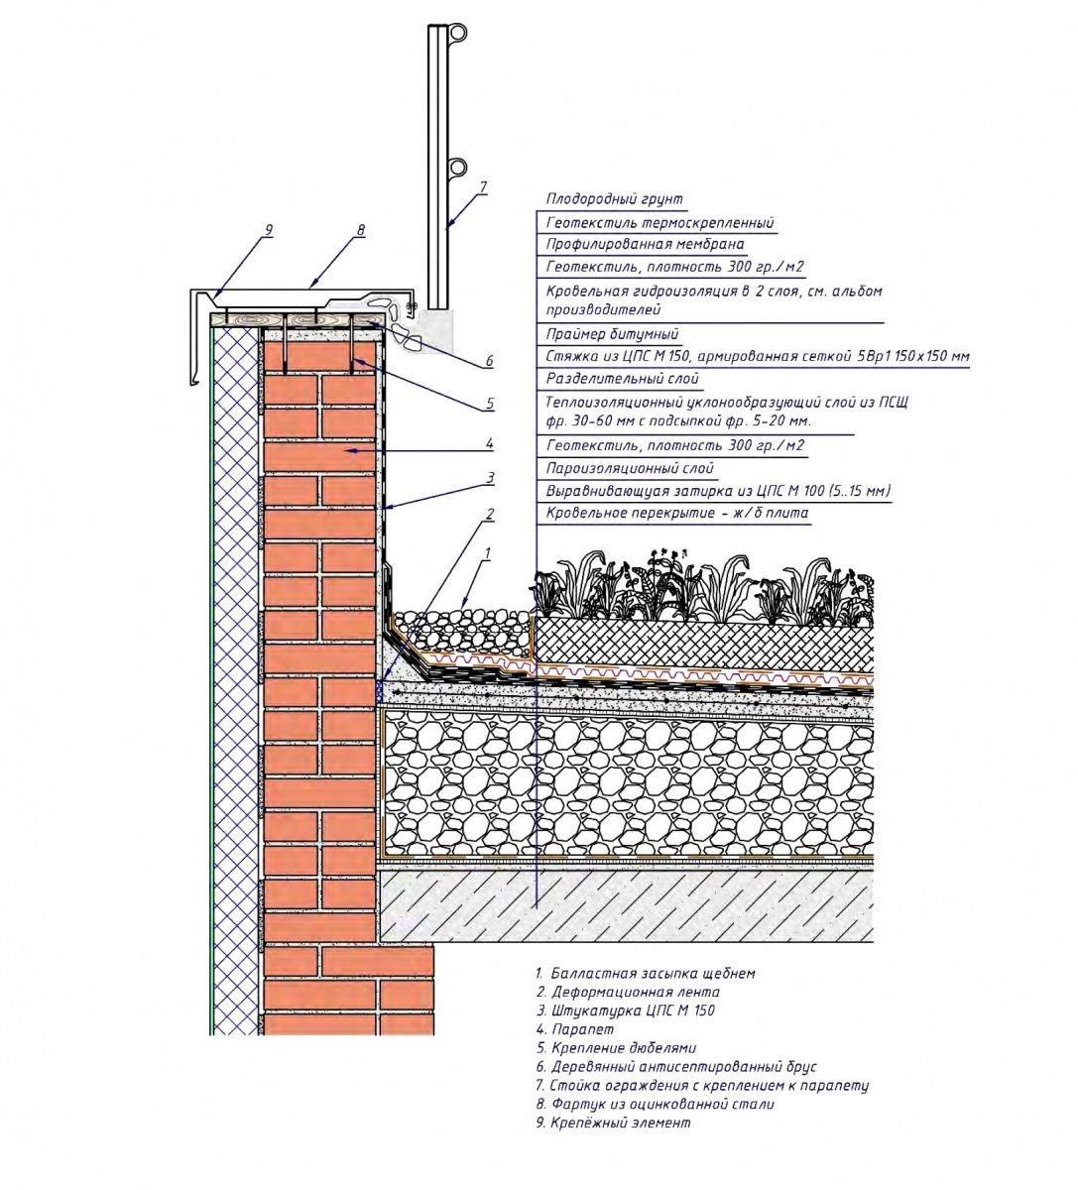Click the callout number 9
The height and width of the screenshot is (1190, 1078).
coord(268,230)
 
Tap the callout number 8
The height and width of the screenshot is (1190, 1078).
coord(360,230)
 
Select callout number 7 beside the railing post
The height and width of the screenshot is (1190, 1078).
coord(483,186)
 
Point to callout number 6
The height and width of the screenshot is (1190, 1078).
coord(489,362)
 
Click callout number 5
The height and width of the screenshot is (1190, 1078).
coord(489,405)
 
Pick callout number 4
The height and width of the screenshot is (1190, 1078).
coord(489,443)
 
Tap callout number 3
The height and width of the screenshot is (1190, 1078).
coord(489,478)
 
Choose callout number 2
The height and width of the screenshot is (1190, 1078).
coord(489,514)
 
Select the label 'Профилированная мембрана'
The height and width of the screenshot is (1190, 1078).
coord(645,244)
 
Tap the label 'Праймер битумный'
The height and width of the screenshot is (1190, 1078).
coord(612,334)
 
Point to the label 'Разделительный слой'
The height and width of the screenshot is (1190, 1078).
coord(622,379)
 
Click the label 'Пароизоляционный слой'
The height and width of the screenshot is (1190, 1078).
coord(630,468)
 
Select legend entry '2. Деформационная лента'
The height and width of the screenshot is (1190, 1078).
coord(627,992)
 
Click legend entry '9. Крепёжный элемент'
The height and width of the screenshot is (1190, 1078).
coord(612,1124)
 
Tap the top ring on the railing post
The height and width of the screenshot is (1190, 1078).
coord(457,34)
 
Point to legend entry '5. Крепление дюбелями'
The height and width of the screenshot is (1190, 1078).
coord(615,1048)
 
